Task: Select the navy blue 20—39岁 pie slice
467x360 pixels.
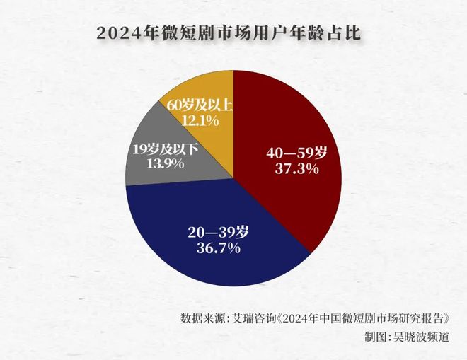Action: tap(212, 262)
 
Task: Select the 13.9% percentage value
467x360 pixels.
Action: tap(164, 163)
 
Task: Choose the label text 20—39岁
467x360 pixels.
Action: tap(219, 232)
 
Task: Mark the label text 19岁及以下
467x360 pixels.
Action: tap(164, 149)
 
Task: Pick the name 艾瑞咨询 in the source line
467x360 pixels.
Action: tap(258, 316)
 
